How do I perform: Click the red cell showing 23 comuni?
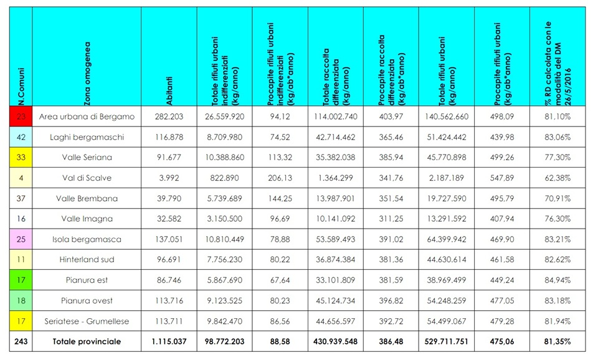point(21,116)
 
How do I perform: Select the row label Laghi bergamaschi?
point(87,137)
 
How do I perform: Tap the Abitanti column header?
point(169,91)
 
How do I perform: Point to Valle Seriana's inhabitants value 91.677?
point(169,158)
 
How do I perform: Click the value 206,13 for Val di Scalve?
point(280,178)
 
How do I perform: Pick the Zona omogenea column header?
point(87,73)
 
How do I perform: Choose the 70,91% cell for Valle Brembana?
point(558,199)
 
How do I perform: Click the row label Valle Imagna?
point(87,219)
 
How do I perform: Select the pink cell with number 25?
point(21,239)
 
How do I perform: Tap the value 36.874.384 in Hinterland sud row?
point(336,260)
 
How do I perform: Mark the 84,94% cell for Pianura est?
point(558,280)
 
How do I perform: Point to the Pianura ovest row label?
point(87,300)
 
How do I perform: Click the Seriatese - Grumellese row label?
point(87,321)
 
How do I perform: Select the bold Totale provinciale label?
point(87,342)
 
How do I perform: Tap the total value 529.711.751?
point(446,342)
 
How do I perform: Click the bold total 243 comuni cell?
point(21,342)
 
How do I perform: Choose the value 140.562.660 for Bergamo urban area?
point(446,116)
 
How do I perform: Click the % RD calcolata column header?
point(558,64)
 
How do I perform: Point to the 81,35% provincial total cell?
point(558,342)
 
